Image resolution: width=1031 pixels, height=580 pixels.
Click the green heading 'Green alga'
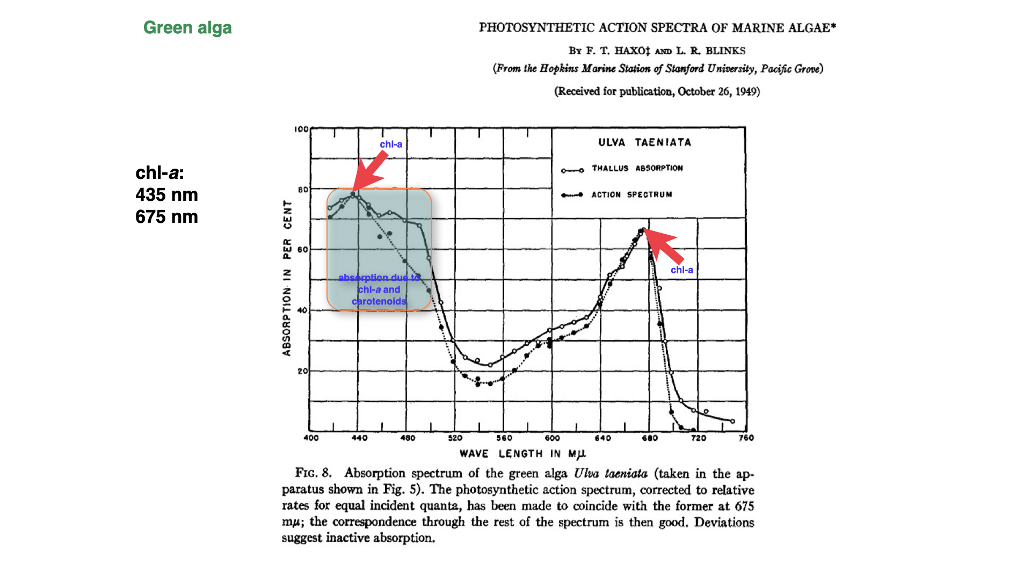[x=187, y=27]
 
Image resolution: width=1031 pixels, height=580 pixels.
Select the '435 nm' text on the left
[x=166, y=194]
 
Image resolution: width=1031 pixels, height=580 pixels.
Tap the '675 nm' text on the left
[x=166, y=216]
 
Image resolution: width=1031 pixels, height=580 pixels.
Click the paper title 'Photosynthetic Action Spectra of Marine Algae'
[x=657, y=28]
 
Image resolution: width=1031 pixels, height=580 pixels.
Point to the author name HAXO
[x=632, y=51]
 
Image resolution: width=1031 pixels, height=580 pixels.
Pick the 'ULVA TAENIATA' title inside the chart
[x=644, y=142]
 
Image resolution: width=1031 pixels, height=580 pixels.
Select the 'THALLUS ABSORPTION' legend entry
[x=637, y=168]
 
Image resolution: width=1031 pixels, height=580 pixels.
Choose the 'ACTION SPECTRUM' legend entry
[x=631, y=194]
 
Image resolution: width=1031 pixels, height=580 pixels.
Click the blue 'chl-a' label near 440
[x=391, y=144]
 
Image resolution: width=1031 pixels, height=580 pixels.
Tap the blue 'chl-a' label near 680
[x=681, y=270]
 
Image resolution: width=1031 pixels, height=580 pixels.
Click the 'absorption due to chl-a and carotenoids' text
[x=379, y=289]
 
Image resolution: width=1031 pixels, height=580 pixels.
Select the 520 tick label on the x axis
[x=455, y=438]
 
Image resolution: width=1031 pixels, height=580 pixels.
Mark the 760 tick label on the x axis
[x=746, y=438]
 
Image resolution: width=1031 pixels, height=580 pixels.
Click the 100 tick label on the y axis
[x=301, y=129]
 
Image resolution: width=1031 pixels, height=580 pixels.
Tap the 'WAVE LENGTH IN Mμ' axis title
[x=522, y=454]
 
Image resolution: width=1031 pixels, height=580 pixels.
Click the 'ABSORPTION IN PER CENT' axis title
[x=287, y=278]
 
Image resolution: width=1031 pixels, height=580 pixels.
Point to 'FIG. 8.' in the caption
[x=313, y=473]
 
